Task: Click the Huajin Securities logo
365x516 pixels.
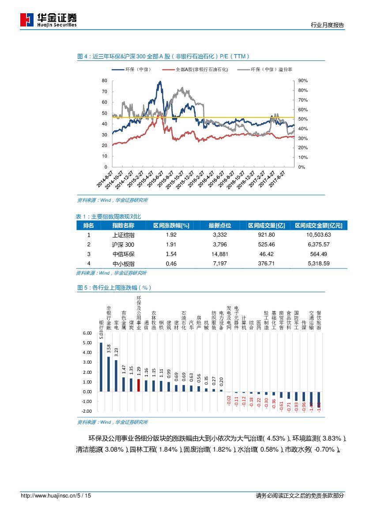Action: [x=49, y=19]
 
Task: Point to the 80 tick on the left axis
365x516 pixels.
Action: [x=105, y=81]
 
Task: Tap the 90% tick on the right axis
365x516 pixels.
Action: [x=303, y=81]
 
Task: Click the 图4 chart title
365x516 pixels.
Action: [x=163, y=56]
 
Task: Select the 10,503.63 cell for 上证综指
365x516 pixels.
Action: [x=318, y=235]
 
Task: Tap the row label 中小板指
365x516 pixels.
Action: [x=124, y=264]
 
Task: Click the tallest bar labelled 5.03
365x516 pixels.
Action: [x=101, y=367]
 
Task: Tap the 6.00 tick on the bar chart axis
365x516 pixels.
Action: [x=87, y=333]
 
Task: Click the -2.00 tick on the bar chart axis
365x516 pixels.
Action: [x=87, y=411]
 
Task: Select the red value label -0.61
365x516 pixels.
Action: [x=281, y=406]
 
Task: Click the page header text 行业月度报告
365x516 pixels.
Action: [x=327, y=25]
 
